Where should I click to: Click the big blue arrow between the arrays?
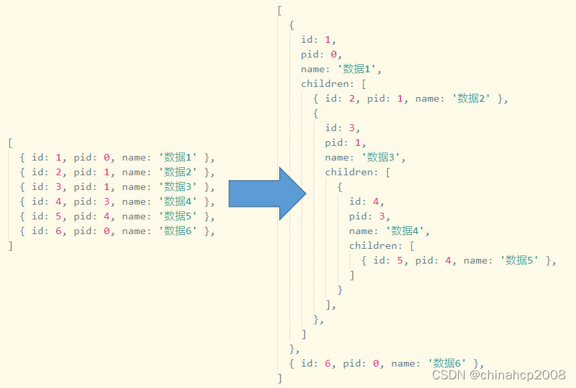267,193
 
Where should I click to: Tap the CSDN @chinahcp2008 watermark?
499,375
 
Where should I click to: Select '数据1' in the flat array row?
178,158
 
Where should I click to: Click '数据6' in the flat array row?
178,231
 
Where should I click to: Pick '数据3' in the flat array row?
178,187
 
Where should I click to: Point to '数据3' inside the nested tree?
382,158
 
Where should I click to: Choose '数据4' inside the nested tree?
407,231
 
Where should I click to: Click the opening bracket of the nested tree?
280,11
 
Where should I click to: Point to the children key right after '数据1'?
325,84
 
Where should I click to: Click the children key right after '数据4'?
373,246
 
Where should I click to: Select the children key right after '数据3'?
349,173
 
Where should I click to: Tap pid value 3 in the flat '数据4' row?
106,202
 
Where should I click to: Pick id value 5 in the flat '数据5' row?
58,217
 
